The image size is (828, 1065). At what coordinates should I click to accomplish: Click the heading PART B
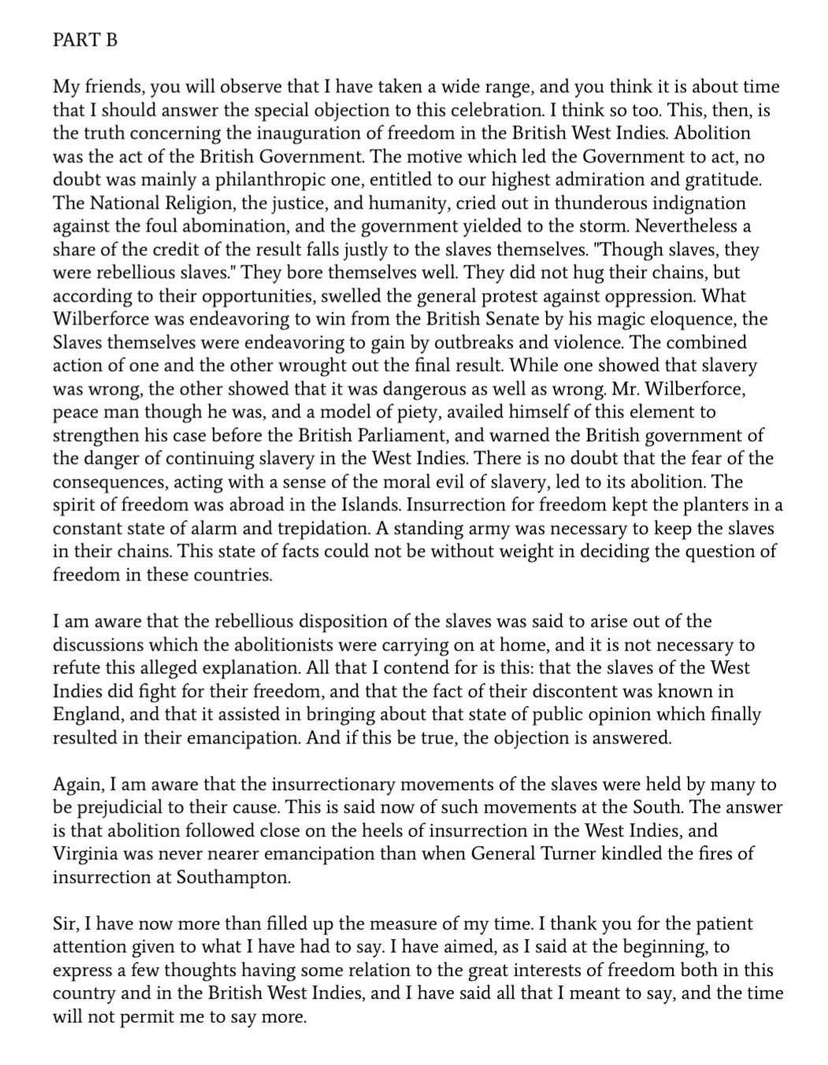click(x=85, y=40)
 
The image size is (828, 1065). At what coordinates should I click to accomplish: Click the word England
click(x=86, y=715)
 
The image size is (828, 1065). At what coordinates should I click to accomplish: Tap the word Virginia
click(x=85, y=855)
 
